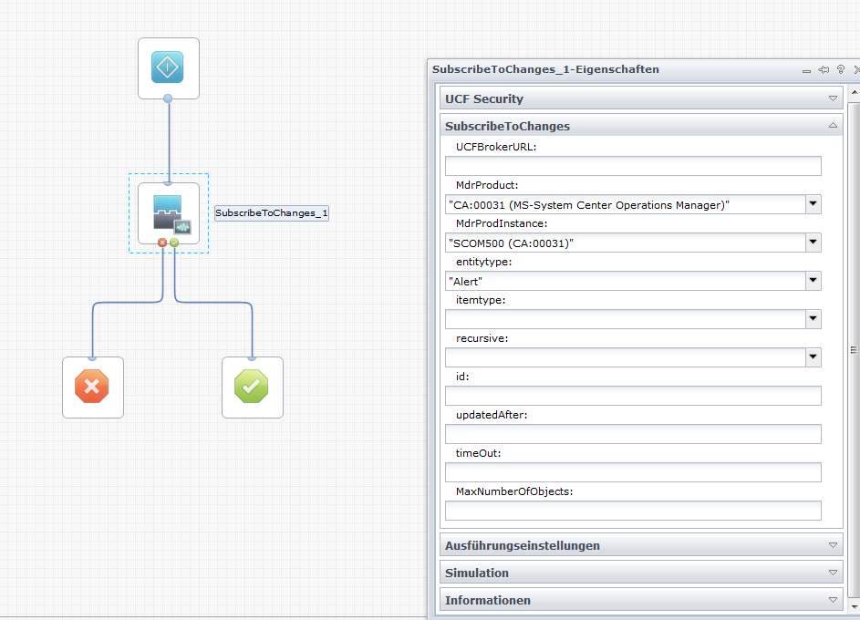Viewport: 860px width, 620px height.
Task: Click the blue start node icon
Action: (168, 67)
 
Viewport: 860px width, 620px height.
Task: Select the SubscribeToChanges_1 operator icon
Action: (168, 213)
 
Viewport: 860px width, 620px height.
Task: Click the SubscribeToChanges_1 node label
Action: (272, 213)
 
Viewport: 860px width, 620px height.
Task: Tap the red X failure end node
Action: (92, 387)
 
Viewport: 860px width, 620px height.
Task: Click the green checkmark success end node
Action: (252, 387)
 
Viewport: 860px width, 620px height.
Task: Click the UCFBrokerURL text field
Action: (633, 166)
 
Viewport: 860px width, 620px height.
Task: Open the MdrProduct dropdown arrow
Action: (813, 204)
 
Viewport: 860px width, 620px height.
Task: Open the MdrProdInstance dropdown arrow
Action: (813, 243)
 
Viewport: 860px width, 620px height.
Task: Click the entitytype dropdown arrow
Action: (813, 281)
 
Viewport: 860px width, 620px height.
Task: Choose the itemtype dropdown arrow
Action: (813, 319)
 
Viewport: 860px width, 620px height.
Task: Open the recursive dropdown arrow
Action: (813, 357)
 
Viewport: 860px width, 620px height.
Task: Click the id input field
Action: (633, 396)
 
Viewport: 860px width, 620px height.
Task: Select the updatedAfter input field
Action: (633, 434)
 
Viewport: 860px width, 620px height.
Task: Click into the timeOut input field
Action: (633, 472)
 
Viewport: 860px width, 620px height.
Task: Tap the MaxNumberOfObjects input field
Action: (633, 511)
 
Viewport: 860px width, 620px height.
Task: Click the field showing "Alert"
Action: (625, 281)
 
